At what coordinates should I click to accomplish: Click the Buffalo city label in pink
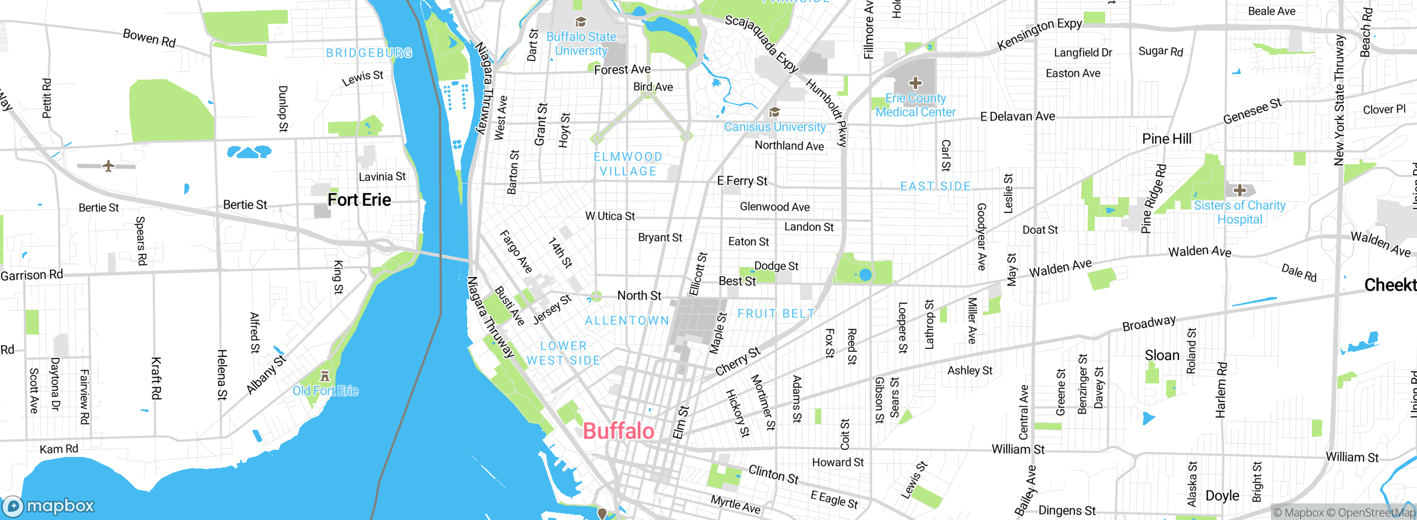[x=618, y=431]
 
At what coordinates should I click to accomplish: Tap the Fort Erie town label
[x=359, y=200]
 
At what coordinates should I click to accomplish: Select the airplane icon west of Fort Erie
[x=108, y=166]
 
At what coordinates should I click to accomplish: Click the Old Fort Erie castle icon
[x=325, y=377]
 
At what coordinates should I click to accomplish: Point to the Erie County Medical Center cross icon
[x=916, y=84]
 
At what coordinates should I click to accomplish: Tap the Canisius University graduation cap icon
[x=774, y=112]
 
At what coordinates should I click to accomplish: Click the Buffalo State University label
[x=581, y=44]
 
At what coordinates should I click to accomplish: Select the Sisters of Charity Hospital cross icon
[x=1239, y=190]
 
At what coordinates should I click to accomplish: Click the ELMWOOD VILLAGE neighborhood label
[x=628, y=164]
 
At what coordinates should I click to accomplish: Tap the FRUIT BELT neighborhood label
[x=776, y=314]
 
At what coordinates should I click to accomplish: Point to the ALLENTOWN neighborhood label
[x=627, y=321]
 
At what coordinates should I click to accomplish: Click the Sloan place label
[x=1162, y=355]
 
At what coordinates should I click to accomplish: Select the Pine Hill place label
[x=1166, y=139]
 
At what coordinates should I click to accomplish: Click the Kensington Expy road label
[x=1039, y=34]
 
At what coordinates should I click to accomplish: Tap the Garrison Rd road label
[x=32, y=275]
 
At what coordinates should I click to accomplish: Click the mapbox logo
[x=49, y=506]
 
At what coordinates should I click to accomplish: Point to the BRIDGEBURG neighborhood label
[x=369, y=53]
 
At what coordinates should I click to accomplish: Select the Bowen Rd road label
[x=149, y=38]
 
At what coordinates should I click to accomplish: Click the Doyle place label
[x=1222, y=496]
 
